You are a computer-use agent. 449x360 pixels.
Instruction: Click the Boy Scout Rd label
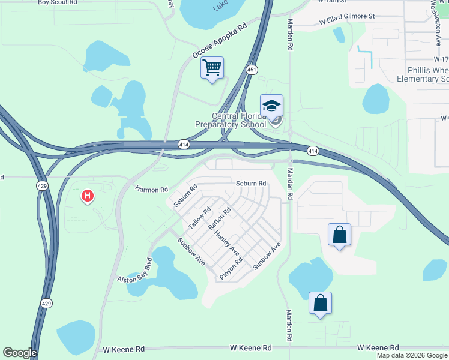click(58, 2)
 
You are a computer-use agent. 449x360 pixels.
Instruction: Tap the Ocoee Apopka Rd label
click(220, 41)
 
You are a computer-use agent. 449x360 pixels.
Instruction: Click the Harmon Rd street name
click(151, 190)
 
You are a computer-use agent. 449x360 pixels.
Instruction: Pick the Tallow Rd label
click(200, 218)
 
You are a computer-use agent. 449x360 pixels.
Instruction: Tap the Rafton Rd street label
click(219, 219)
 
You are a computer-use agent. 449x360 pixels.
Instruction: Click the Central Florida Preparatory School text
click(231, 120)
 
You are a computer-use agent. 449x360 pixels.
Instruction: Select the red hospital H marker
click(88, 196)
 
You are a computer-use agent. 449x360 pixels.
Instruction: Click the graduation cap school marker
click(271, 106)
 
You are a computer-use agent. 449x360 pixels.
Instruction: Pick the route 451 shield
click(252, 70)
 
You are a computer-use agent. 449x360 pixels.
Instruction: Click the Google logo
click(19, 353)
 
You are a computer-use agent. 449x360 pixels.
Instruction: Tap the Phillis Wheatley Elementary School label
click(419, 74)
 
